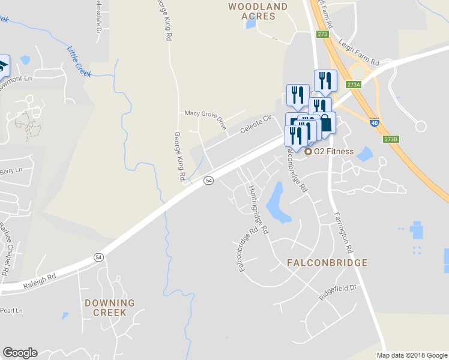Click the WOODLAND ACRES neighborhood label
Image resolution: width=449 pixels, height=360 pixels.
[x=258, y=11]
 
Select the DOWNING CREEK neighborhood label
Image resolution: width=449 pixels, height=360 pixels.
[x=110, y=308]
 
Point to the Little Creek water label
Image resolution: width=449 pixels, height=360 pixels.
[x=79, y=62]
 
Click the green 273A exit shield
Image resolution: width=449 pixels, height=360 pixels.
[x=354, y=85]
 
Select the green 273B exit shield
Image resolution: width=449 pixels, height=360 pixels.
[x=390, y=139]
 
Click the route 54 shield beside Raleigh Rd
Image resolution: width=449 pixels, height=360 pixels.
[x=98, y=257]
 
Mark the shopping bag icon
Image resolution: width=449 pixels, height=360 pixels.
[x=325, y=122]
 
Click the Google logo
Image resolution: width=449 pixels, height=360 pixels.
[x=20, y=353]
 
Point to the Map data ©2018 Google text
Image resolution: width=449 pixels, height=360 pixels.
[x=412, y=355]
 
